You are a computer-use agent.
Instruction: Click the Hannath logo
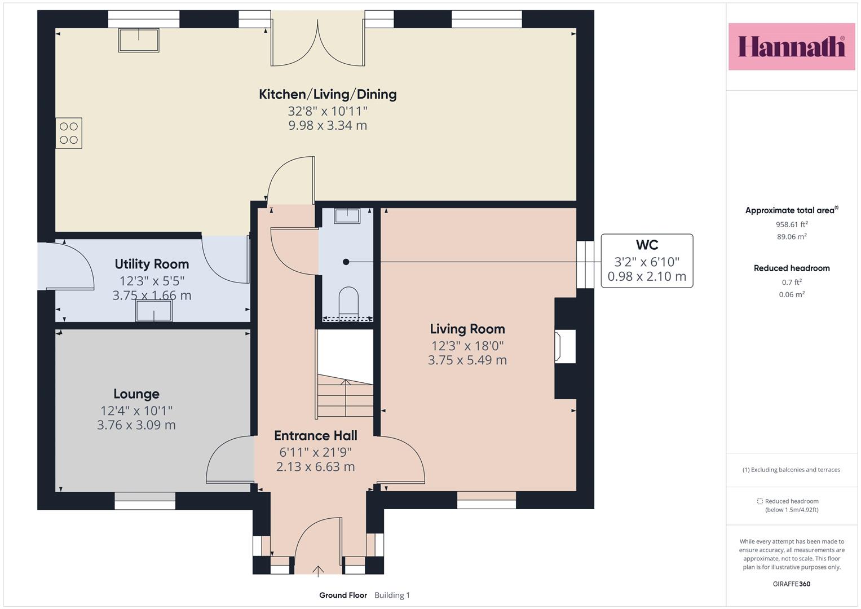click(x=792, y=46)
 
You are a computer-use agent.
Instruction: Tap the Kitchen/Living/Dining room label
click(x=328, y=94)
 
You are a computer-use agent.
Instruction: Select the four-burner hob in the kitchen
click(x=69, y=133)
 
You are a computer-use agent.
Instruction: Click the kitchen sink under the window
click(x=139, y=40)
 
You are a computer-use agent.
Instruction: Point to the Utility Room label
click(x=152, y=264)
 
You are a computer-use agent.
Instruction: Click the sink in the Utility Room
click(x=154, y=311)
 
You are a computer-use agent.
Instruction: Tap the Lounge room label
click(x=136, y=394)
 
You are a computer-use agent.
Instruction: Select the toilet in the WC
click(x=348, y=302)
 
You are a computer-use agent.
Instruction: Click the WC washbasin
click(x=347, y=216)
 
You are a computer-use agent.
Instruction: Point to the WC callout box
click(x=647, y=261)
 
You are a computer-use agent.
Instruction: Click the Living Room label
click(x=467, y=329)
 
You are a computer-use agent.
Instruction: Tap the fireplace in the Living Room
click(x=565, y=346)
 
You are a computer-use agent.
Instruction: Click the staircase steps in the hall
click(x=345, y=396)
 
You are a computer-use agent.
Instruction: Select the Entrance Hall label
click(x=316, y=435)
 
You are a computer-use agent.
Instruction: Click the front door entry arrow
click(x=318, y=571)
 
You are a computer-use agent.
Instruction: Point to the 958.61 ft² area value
click(x=792, y=224)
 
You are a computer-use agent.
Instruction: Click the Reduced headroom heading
click(x=792, y=268)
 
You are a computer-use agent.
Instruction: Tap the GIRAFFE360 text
click(x=792, y=584)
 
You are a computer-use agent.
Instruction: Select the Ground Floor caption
click(x=343, y=595)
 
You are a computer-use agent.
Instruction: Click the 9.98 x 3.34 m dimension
click(x=328, y=125)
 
